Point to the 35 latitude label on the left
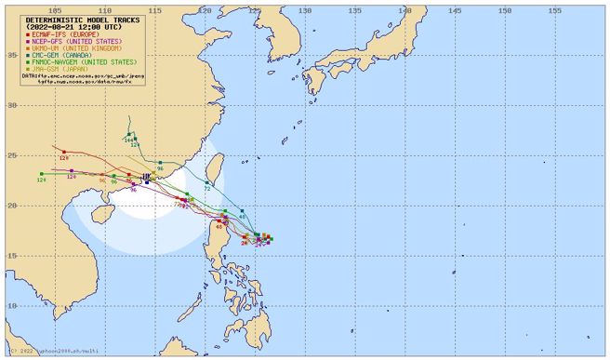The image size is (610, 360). point(12,55)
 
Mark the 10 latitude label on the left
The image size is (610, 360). point(12,305)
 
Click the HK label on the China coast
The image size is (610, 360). point(146,177)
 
